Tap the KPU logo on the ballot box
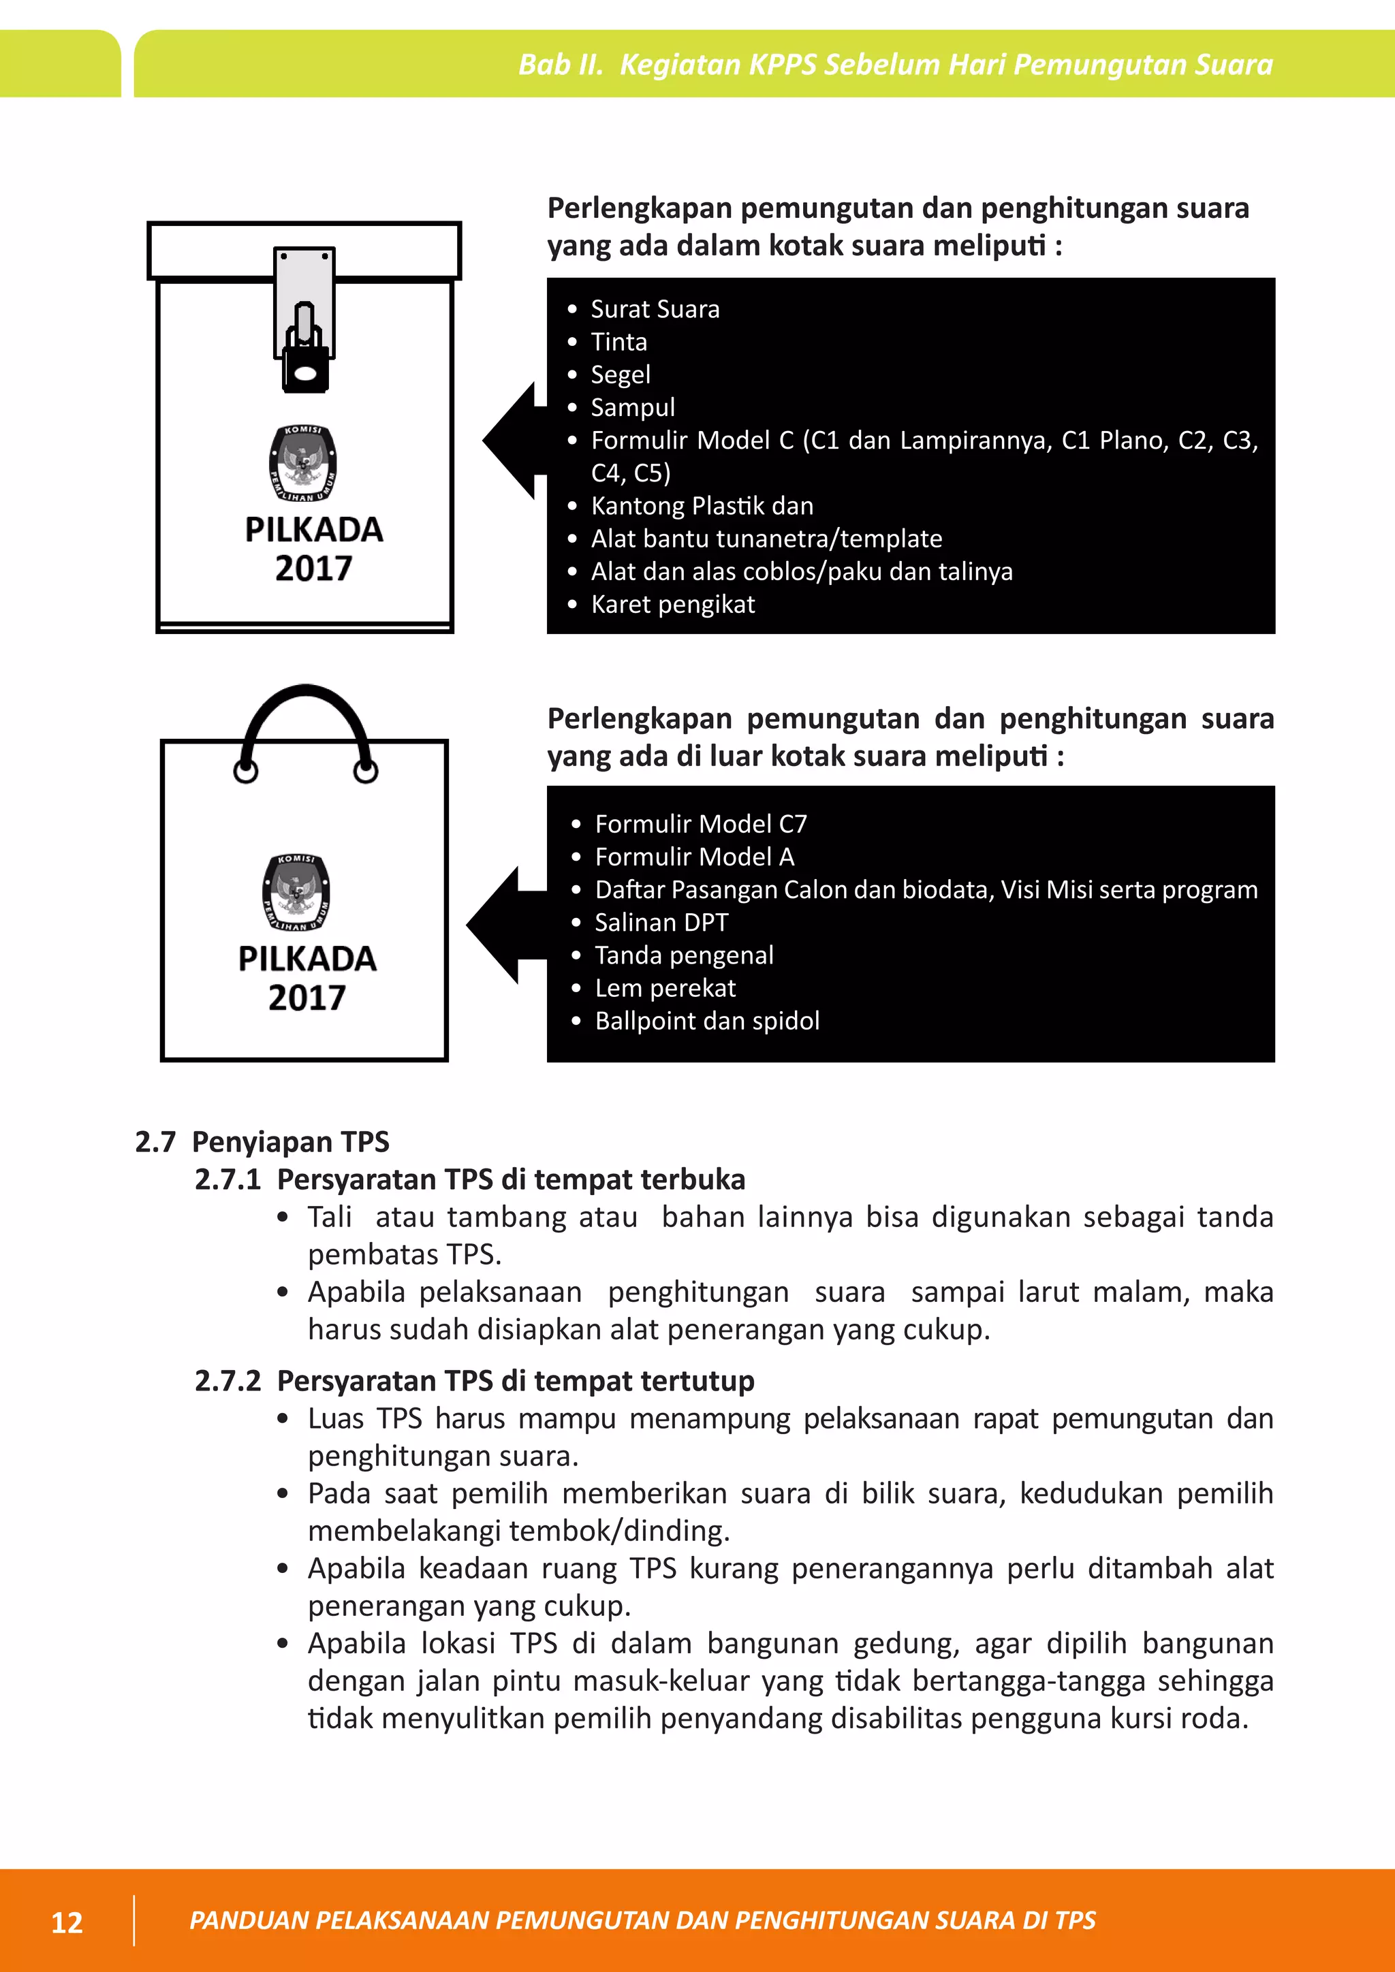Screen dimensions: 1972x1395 [x=302, y=464]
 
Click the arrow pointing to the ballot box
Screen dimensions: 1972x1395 [x=512, y=440]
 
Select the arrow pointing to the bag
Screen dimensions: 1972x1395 [x=503, y=924]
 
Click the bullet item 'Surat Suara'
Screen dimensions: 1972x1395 [x=655, y=309]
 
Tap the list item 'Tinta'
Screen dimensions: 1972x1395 [x=618, y=342]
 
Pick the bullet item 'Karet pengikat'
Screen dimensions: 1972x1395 [x=672, y=605]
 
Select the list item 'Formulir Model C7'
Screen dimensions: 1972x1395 [x=700, y=825]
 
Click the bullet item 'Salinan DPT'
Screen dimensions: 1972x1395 [x=661, y=923]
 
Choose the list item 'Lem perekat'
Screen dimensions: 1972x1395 [x=665, y=989]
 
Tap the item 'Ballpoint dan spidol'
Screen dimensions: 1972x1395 [x=707, y=1021]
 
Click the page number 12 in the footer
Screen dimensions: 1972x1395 [x=67, y=1922]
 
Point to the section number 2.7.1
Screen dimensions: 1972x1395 [x=228, y=1180]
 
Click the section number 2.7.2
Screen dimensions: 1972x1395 [x=228, y=1381]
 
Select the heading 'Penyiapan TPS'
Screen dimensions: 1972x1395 [x=290, y=1143]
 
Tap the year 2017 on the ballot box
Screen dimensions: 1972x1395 [x=313, y=569]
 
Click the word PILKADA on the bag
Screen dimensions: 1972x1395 [x=307, y=959]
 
